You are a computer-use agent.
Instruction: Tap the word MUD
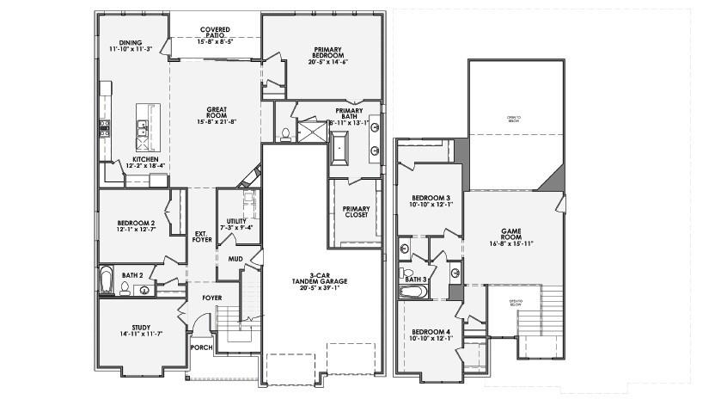(235, 258)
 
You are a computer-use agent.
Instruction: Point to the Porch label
(202, 347)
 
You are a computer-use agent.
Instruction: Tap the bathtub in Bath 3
(413, 292)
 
